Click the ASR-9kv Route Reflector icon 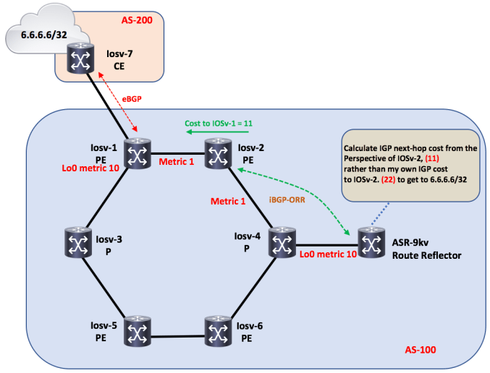(371, 244)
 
